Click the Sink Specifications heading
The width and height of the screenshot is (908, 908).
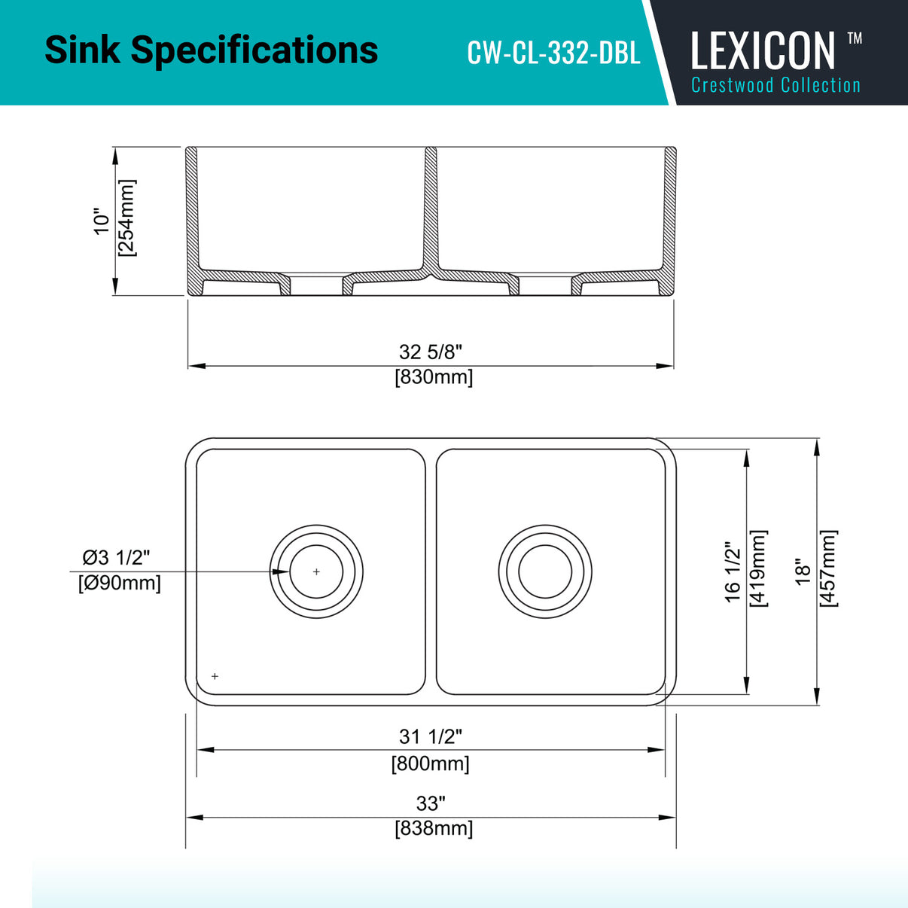point(211,50)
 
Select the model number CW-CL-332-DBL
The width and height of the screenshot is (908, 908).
point(553,53)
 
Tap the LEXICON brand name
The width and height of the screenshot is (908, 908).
point(763,50)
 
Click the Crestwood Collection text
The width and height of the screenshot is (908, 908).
point(775,85)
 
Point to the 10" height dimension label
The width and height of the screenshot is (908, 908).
point(102,221)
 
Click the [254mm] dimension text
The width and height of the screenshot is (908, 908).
point(126,218)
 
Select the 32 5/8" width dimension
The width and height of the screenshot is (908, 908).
point(430,352)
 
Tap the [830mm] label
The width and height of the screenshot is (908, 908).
point(434,376)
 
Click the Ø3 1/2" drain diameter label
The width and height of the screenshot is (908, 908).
point(116,557)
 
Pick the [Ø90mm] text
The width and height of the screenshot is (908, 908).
point(119,583)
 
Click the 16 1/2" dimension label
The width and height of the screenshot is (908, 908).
point(733,571)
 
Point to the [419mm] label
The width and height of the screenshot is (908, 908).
point(758,568)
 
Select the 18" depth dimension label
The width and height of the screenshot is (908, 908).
point(803,571)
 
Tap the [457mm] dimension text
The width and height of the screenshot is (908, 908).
point(827,568)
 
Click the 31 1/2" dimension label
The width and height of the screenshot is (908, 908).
point(430,736)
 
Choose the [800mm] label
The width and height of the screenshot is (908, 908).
point(430,763)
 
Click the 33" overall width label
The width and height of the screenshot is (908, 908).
point(431,803)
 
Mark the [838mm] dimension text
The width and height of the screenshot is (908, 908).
point(434,828)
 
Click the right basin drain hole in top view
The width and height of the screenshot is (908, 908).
point(545,571)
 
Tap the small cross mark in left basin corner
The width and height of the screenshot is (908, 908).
point(215,676)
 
